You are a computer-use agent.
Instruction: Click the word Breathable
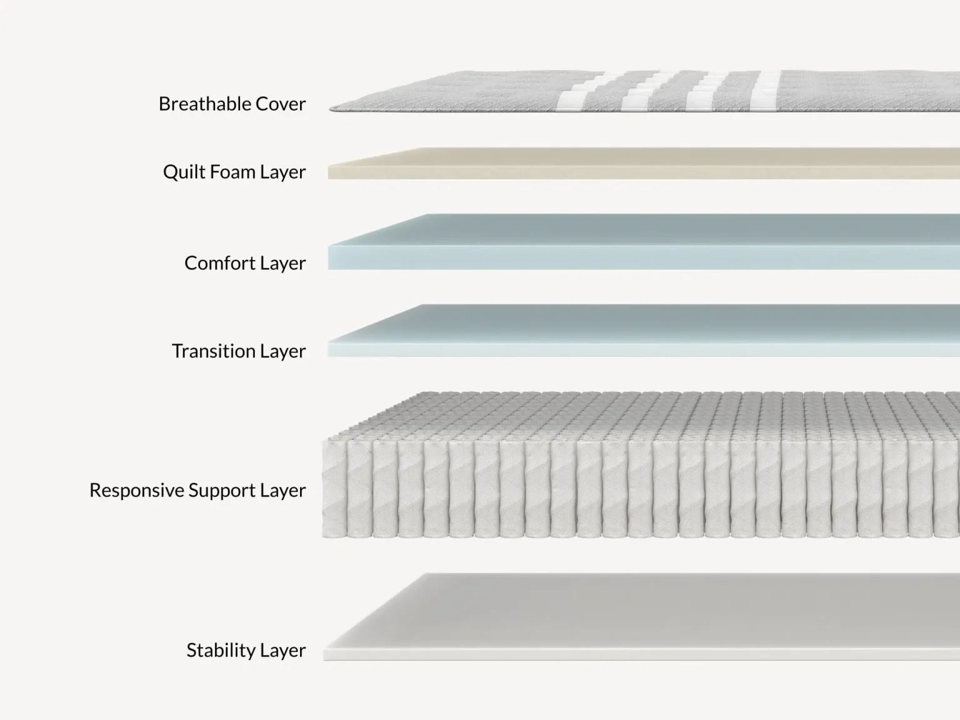tap(204, 104)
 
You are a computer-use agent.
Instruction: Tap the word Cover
tap(281, 104)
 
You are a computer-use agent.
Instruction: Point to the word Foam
tap(232, 171)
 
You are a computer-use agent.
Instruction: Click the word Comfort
tap(220, 262)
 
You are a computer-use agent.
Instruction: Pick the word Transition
tap(214, 351)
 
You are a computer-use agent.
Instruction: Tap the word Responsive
tap(136, 491)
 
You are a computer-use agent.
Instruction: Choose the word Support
tap(222, 491)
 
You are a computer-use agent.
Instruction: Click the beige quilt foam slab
tap(644, 164)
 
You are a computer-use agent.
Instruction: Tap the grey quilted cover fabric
tap(644, 91)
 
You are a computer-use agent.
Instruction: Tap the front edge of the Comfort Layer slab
tap(644, 257)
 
